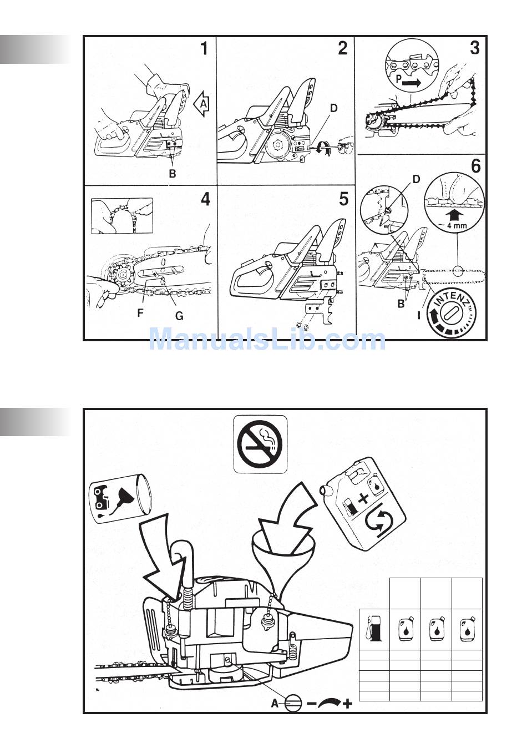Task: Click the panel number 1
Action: pyautogui.click(x=204, y=49)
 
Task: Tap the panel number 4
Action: pyautogui.click(x=205, y=199)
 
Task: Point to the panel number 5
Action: pyautogui.click(x=343, y=199)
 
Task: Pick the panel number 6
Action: pyautogui.click(x=475, y=166)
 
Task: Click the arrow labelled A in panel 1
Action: pyautogui.click(x=202, y=103)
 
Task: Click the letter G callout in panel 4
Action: pyautogui.click(x=179, y=316)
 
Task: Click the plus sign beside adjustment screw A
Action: pyautogui.click(x=347, y=704)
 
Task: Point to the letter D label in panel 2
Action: pyautogui.click(x=333, y=109)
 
